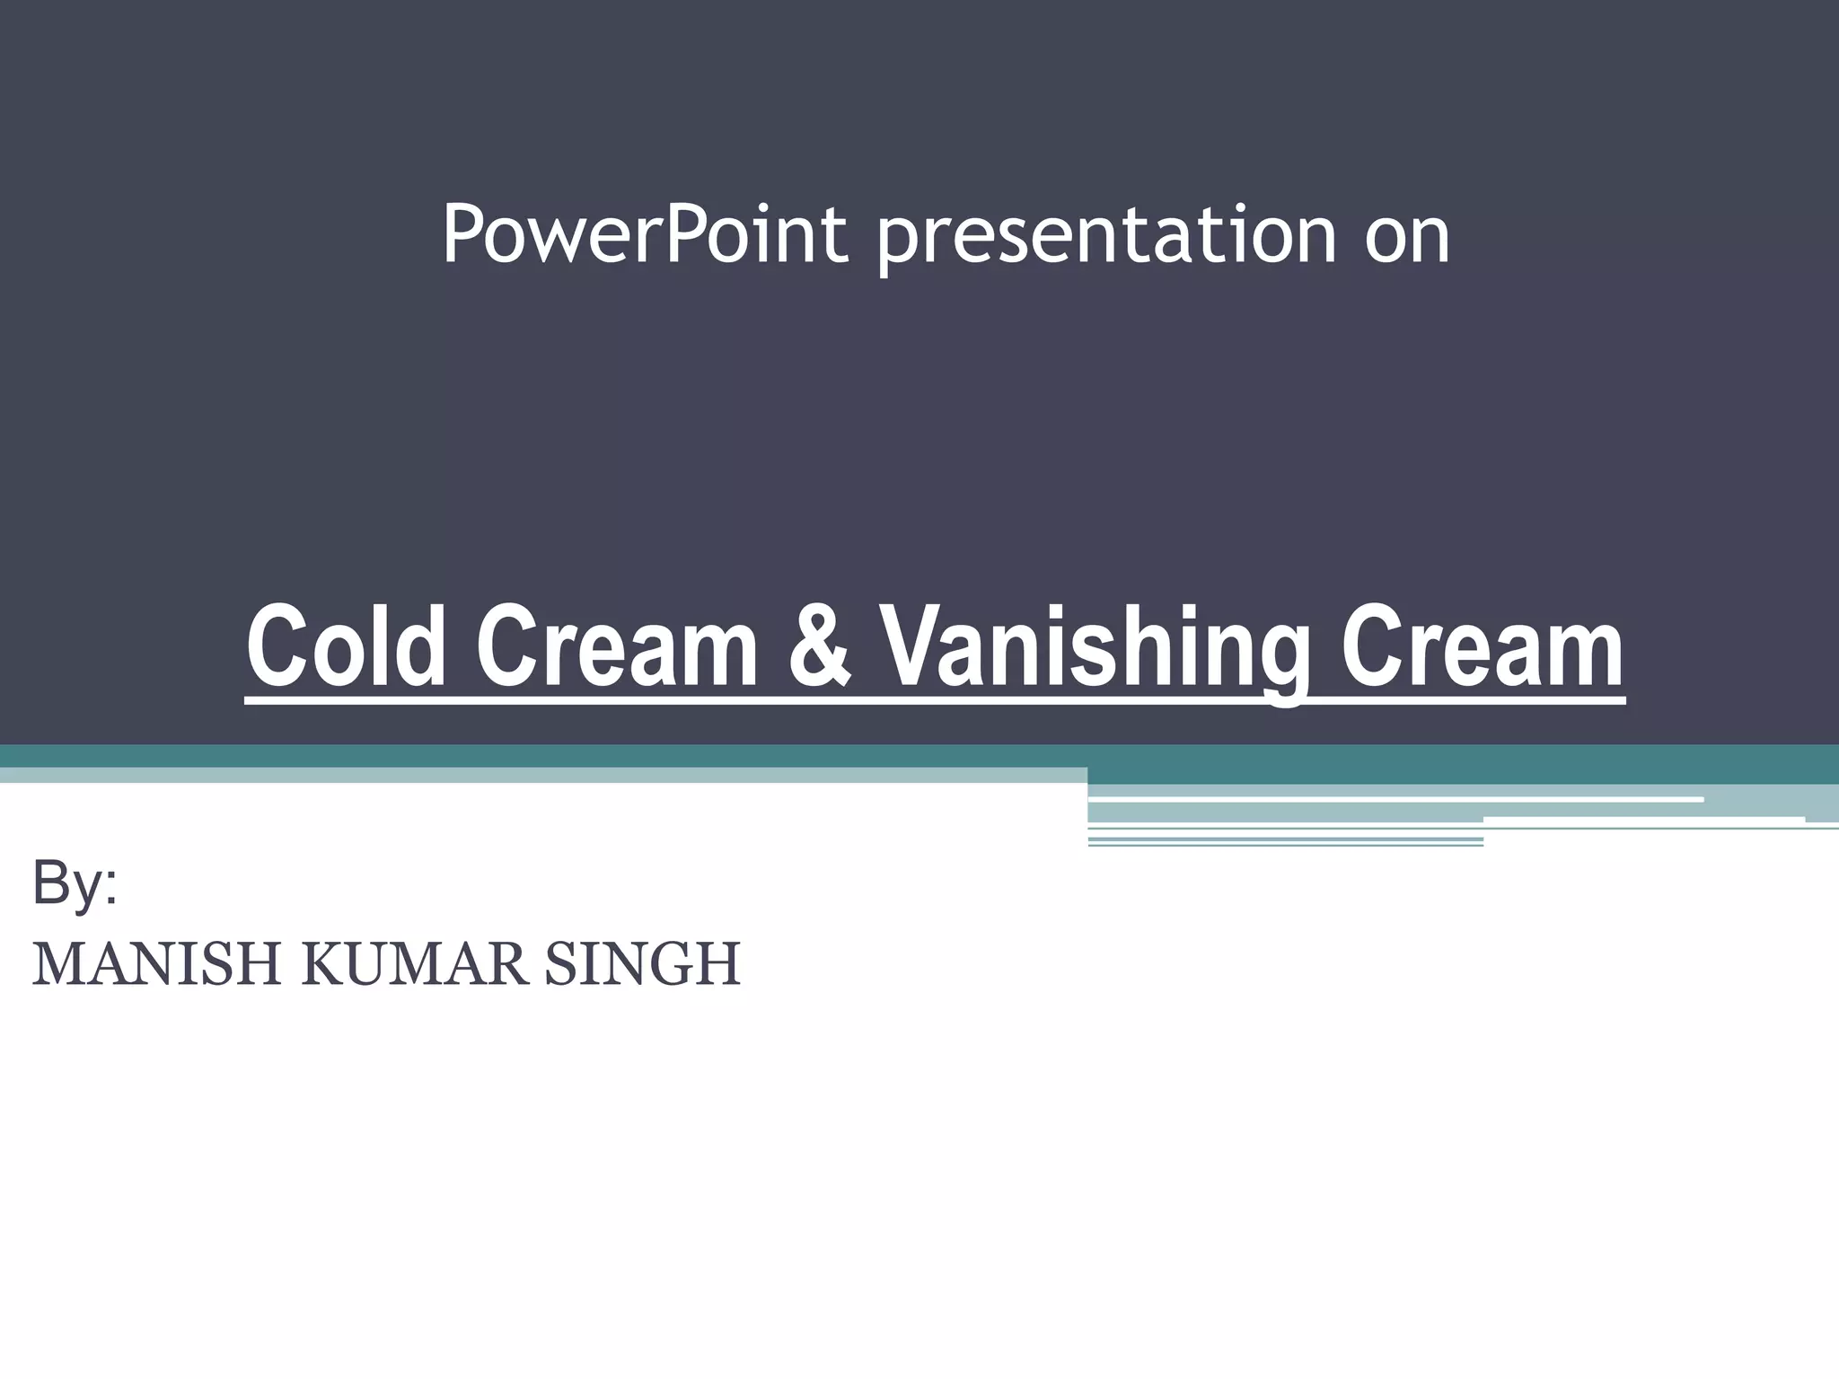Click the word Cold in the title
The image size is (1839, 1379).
346,646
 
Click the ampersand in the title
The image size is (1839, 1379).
819,646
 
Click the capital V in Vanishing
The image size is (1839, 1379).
910,646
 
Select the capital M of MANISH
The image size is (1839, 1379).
56,964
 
